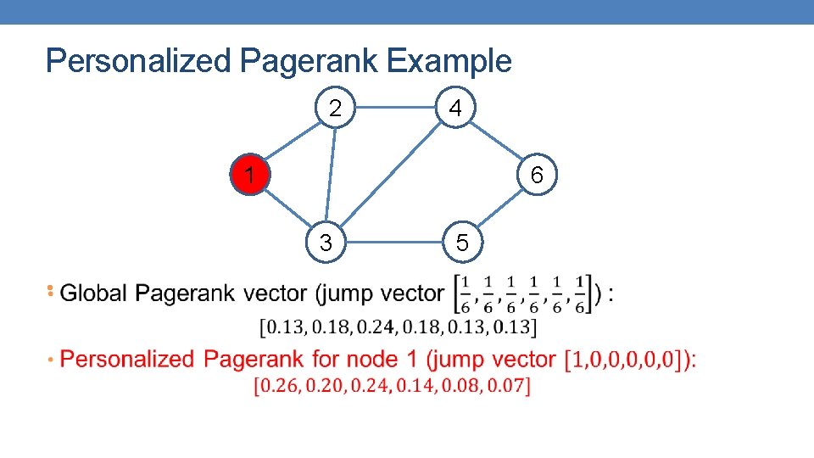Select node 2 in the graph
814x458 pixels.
tap(336, 109)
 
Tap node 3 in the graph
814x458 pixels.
tap(326, 243)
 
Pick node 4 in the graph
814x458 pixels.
tap(456, 109)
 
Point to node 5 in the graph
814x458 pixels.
tap(461, 243)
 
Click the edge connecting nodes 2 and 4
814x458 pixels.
tap(396, 109)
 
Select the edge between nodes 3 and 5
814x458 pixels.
tap(393, 243)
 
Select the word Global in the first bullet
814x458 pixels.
tap(94, 294)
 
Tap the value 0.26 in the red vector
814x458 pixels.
tap(277, 387)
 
